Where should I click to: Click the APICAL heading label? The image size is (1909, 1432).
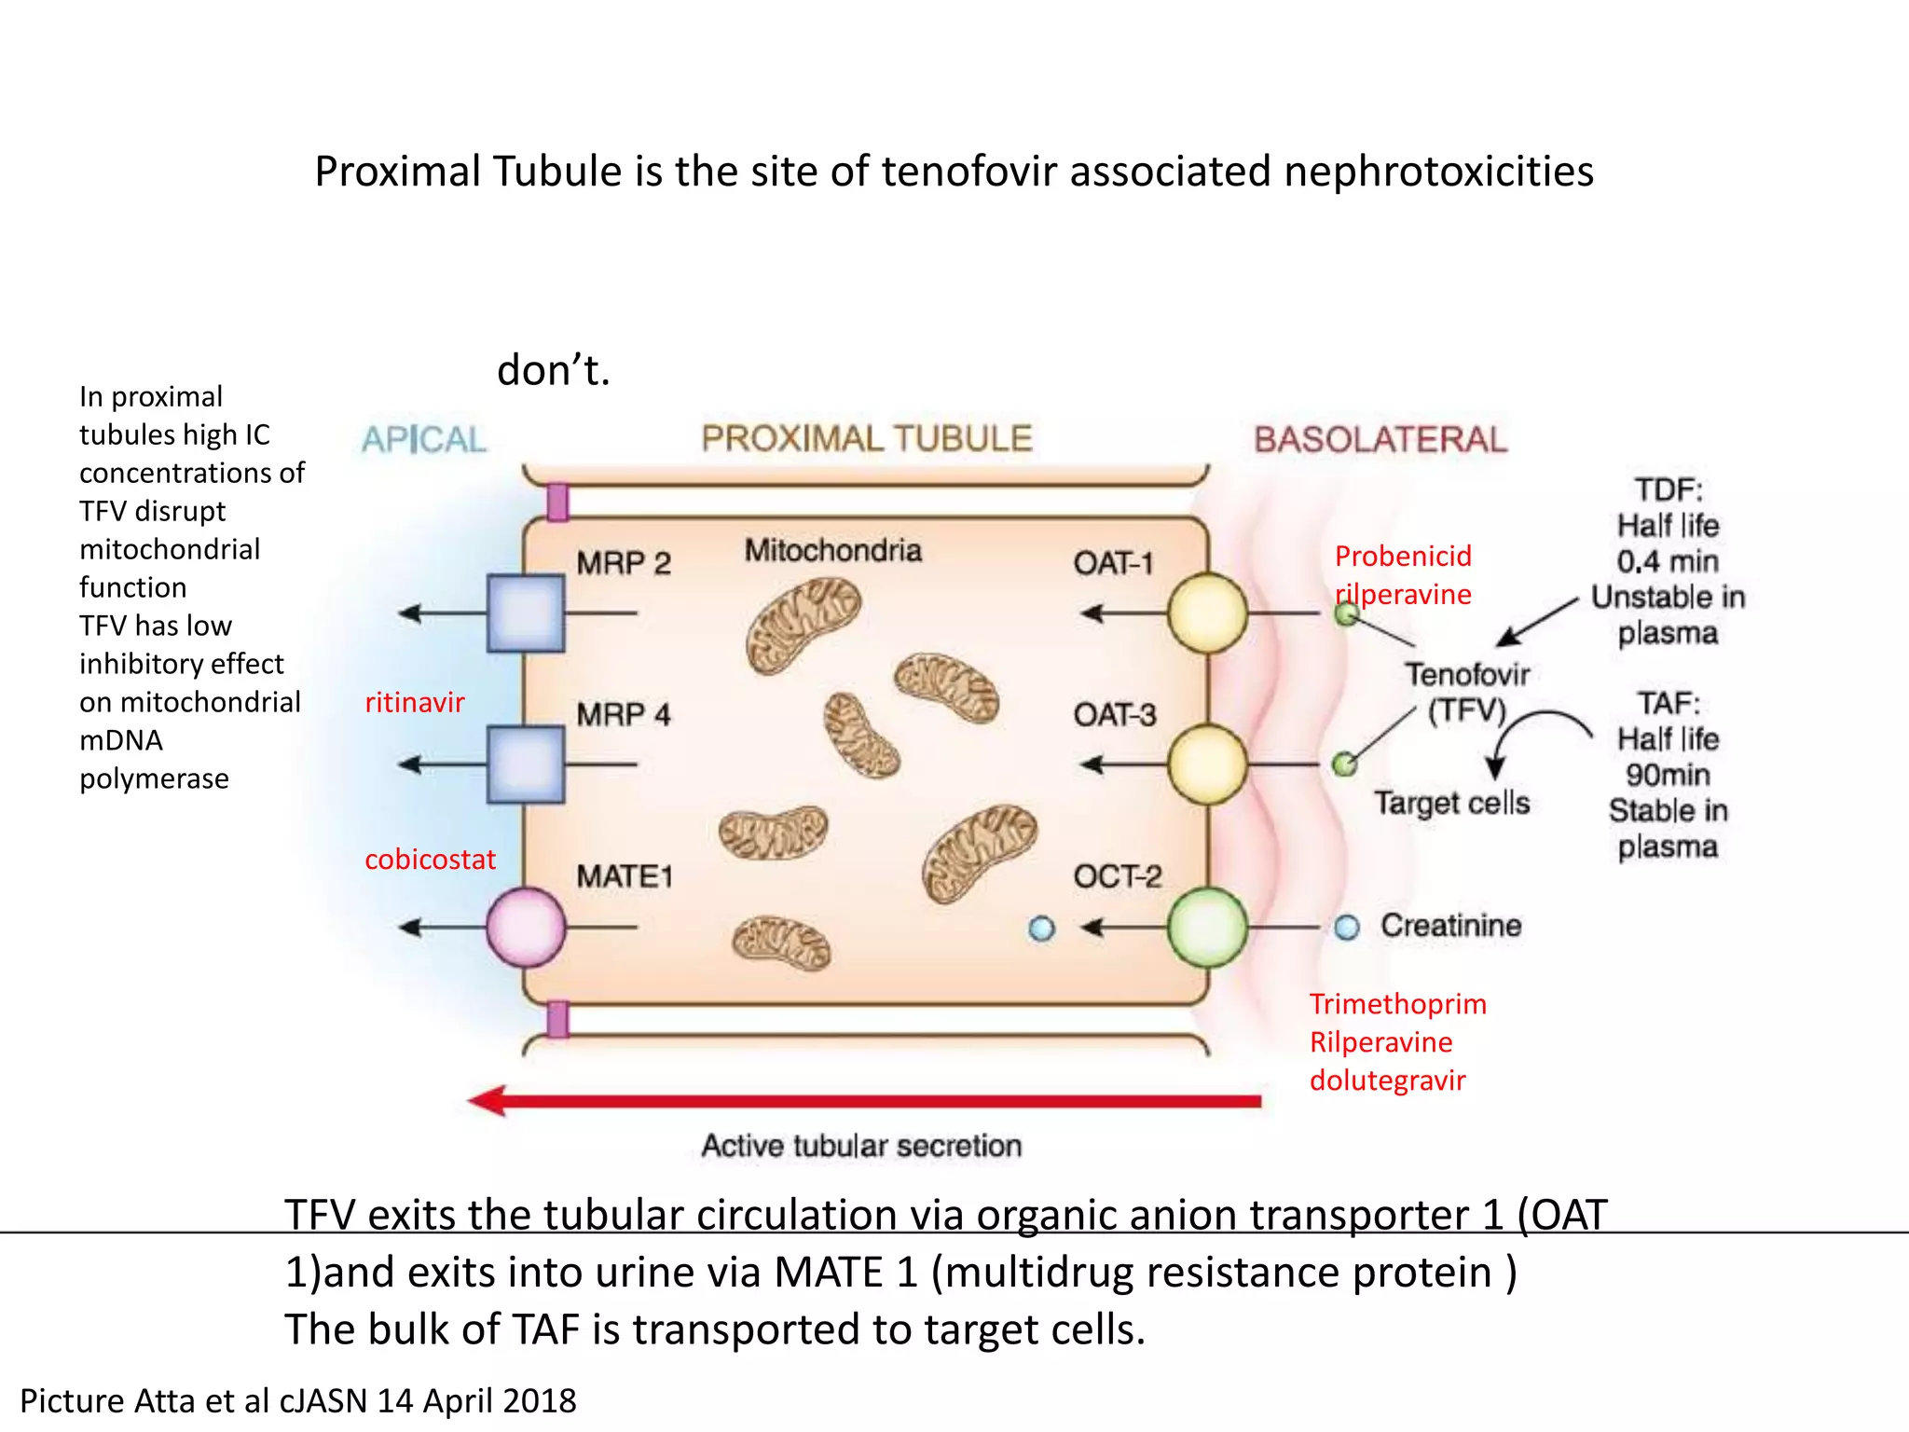[x=424, y=439]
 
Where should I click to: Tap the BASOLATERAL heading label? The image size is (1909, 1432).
[x=1380, y=439]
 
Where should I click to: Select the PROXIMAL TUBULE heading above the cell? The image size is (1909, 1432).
[x=867, y=438]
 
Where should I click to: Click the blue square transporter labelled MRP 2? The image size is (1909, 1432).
[x=526, y=613]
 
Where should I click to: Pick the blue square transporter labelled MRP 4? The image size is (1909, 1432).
[x=526, y=764]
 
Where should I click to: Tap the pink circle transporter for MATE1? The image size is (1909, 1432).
[x=526, y=927]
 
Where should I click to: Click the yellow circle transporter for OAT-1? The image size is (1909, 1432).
[x=1207, y=613]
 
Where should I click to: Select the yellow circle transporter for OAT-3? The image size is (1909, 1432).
[x=1207, y=764]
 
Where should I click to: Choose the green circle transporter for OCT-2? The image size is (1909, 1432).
[x=1207, y=927]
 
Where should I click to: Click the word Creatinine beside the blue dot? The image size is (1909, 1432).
[x=1450, y=925]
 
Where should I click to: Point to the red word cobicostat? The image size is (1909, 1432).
[x=430, y=859]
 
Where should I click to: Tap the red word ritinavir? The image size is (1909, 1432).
[x=414, y=702]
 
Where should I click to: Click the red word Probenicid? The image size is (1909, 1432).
[x=1403, y=557]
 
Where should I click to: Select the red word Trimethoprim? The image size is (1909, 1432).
[x=1397, y=1004]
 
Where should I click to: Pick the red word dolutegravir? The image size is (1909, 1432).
[x=1387, y=1081]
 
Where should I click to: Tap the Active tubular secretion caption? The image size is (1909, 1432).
[x=861, y=1145]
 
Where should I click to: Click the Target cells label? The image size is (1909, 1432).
[x=1451, y=803]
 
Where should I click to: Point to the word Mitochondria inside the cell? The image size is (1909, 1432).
[x=832, y=550]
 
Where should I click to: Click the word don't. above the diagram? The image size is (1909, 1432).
[x=553, y=370]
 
